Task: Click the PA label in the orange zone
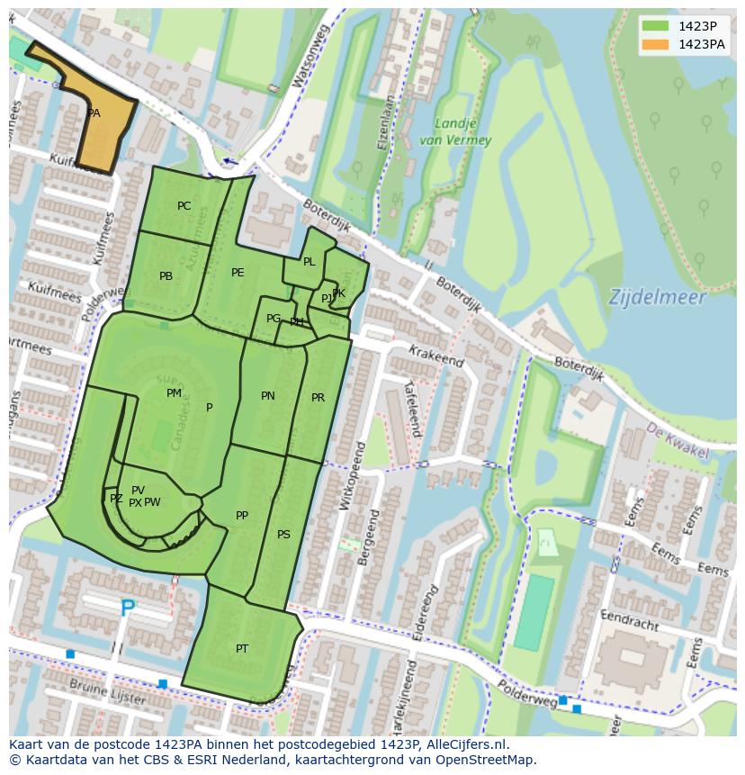pyautogui.click(x=94, y=114)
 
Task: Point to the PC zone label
pyautogui.click(x=184, y=206)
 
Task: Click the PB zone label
pyautogui.click(x=166, y=276)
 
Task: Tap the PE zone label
pyautogui.click(x=238, y=273)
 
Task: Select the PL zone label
pyautogui.click(x=309, y=262)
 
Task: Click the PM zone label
pyautogui.click(x=174, y=393)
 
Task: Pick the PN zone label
pyautogui.click(x=268, y=396)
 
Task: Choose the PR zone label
pyautogui.click(x=318, y=398)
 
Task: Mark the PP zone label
pyautogui.click(x=241, y=516)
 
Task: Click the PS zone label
pyautogui.click(x=283, y=535)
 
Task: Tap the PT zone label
pyautogui.click(x=242, y=649)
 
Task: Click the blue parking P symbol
pyautogui.click(x=127, y=609)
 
